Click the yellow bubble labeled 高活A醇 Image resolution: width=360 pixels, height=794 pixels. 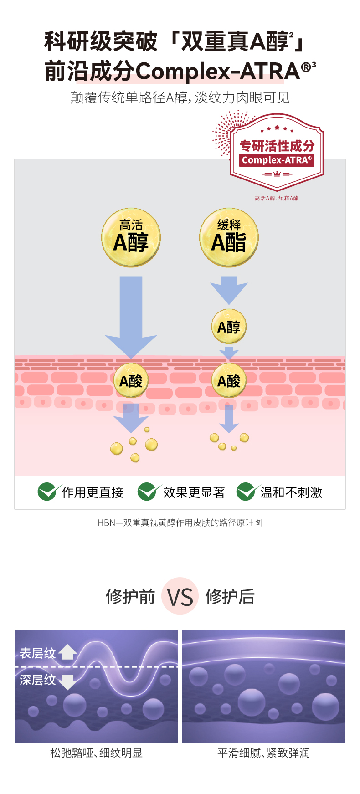click(x=131, y=237)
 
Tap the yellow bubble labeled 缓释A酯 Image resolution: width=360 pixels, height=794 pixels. click(x=229, y=237)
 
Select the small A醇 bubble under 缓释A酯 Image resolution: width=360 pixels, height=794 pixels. click(x=229, y=327)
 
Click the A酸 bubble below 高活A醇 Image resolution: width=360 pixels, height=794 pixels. click(x=131, y=380)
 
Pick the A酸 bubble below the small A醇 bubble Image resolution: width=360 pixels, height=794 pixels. click(x=229, y=380)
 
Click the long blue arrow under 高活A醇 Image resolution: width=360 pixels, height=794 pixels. click(x=131, y=314)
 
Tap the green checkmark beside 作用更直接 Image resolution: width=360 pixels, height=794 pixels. click(x=47, y=492)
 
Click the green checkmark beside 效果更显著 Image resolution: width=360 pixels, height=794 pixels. click(x=147, y=492)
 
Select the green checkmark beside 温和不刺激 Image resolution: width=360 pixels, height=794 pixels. click(x=246, y=492)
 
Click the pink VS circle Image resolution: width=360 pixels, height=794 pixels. click(x=180, y=596)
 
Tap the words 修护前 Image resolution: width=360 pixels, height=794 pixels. click(x=130, y=596)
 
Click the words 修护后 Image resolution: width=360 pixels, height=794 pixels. click(x=230, y=596)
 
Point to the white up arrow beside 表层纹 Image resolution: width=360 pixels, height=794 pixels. click(x=67, y=652)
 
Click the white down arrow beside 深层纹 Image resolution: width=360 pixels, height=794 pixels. click(x=67, y=681)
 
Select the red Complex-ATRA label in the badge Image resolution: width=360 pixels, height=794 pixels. click(x=277, y=160)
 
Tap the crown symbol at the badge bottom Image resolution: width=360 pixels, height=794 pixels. click(x=277, y=174)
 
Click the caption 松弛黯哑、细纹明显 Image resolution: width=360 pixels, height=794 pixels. click(x=96, y=753)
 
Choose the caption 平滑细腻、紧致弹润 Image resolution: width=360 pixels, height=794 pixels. click(x=263, y=753)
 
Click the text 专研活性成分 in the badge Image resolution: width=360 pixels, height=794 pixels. click(x=277, y=146)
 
